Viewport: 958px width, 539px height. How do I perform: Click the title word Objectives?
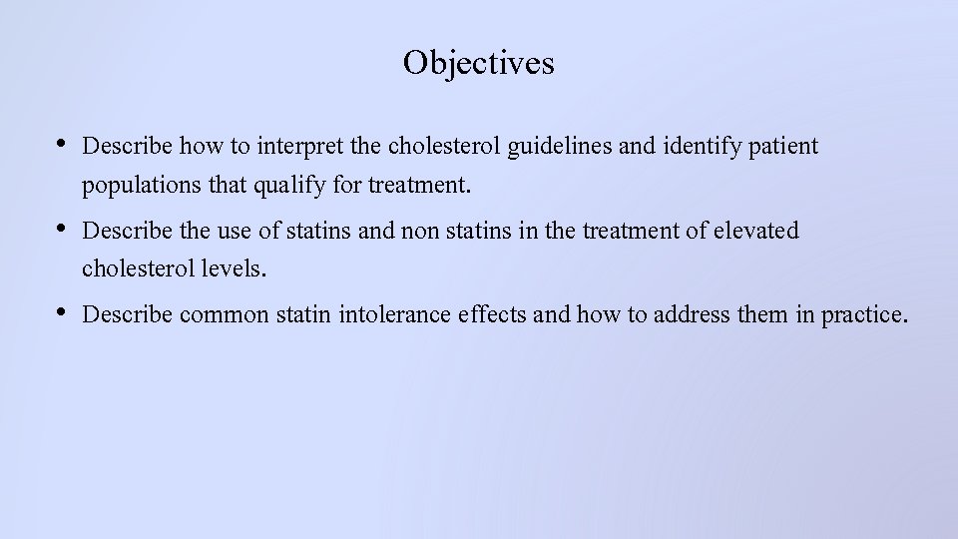pyautogui.click(x=478, y=63)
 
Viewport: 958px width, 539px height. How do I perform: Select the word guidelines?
pyautogui.click(x=560, y=147)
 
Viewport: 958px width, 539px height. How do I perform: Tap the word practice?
pyautogui.click(x=864, y=315)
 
